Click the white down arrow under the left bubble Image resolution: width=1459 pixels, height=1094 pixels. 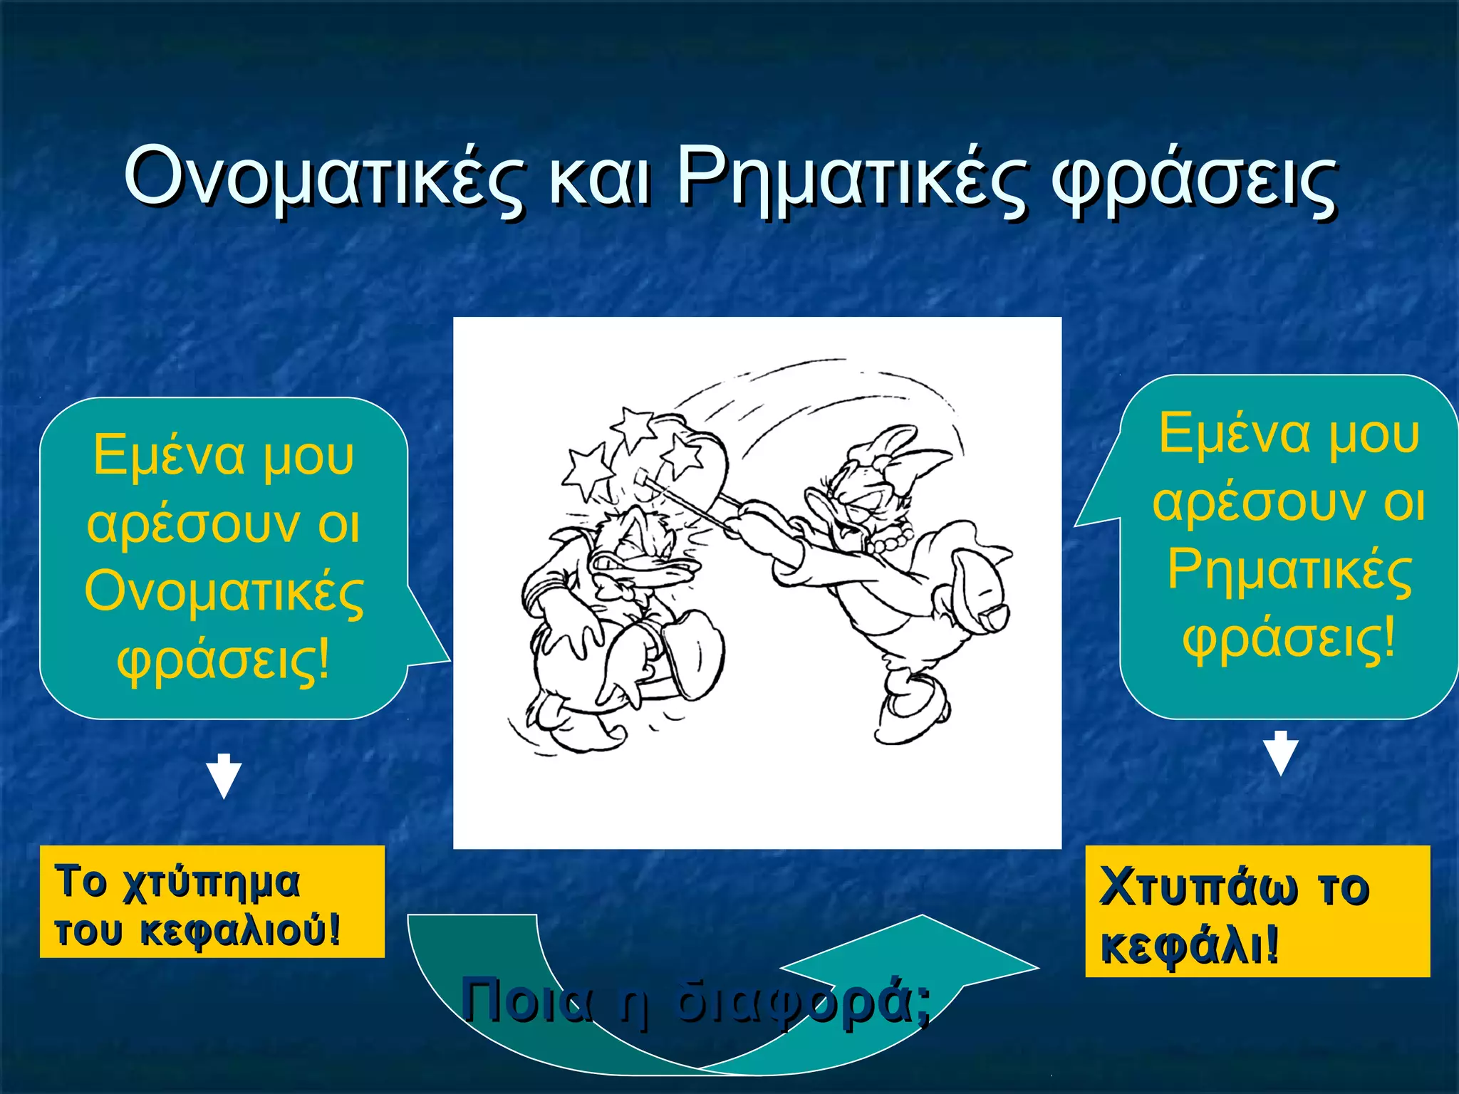point(224,776)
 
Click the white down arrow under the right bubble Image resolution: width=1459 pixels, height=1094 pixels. point(1280,754)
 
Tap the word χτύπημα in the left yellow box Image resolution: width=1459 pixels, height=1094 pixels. point(211,883)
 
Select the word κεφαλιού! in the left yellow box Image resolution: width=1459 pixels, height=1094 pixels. point(239,931)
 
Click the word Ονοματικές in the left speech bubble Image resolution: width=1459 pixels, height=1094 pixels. point(224,593)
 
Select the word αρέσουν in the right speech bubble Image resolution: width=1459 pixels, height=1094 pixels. point(1258,503)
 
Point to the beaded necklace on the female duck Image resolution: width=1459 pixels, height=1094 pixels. point(891,540)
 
